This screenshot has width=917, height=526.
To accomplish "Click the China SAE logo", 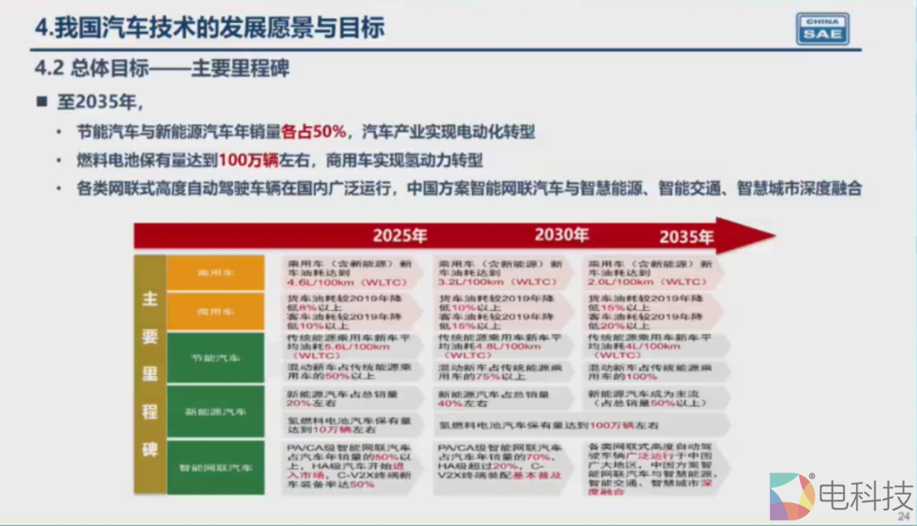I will (x=822, y=28).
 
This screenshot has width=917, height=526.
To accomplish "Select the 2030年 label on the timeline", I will (x=561, y=235).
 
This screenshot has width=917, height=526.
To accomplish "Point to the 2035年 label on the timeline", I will (x=686, y=235).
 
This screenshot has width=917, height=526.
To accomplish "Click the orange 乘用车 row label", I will (x=215, y=274).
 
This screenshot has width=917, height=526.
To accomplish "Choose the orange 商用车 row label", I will (x=215, y=312).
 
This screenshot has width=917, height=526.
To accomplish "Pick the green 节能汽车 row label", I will (x=215, y=358).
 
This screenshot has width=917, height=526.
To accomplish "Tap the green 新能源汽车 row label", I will (x=215, y=411).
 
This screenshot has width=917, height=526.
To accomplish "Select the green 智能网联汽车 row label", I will (x=215, y=467).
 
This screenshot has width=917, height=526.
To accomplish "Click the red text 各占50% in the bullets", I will (x=313, y=132).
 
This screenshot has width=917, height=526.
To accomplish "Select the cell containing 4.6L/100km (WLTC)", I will (x=348, y=272).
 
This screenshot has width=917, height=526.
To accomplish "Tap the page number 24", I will (x=903, y=515).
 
